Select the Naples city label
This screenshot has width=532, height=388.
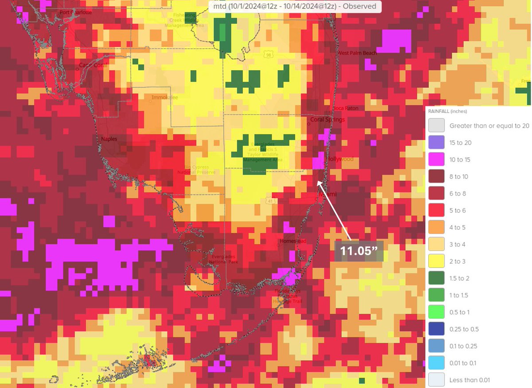[109, 139]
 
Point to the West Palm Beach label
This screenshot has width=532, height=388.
[357, 53]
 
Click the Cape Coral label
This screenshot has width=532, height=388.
[93, 65]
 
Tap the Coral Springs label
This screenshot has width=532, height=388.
[327, 120]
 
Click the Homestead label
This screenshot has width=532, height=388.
[293, 241]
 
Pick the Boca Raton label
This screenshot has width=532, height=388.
[345, 108]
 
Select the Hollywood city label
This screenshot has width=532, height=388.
[340, 159]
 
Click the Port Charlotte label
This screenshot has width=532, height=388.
[76, 12]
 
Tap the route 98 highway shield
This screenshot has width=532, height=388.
[269, 55]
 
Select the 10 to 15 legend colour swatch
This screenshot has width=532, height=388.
[436, 160]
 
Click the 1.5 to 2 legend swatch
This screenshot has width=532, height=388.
[436, 278]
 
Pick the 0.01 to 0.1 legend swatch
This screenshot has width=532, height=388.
[436, 363]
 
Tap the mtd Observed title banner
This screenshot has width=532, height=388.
[294, 6]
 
